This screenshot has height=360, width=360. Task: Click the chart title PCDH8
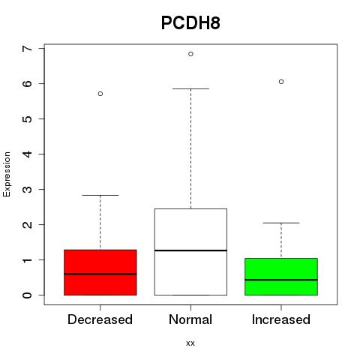[190, 23]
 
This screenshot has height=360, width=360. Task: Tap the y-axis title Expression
[7, 174]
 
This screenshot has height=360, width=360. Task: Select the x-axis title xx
[190, 343]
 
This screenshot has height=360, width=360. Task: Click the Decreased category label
[100, 319]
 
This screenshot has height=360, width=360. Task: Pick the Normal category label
[190, 319]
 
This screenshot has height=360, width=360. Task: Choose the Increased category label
[281, 319]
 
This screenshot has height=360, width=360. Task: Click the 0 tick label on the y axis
[28, 295]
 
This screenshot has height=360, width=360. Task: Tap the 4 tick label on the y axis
[28, 154]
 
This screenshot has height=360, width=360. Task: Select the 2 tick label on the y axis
[28, 224]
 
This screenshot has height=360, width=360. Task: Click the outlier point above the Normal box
[190, 54]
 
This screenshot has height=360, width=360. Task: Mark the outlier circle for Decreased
[100, 94]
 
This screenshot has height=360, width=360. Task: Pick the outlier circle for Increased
[281, 82]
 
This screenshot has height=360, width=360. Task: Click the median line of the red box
[100, 274]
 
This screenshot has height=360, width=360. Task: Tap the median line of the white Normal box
[190, 250]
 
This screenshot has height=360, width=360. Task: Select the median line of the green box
[281, 280]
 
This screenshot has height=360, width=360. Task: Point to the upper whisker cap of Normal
[190, 88]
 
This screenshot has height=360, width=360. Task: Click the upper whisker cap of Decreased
[100, 195]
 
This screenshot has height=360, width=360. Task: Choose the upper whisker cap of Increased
[281, 223]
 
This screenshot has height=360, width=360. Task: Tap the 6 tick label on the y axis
[28, 83]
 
